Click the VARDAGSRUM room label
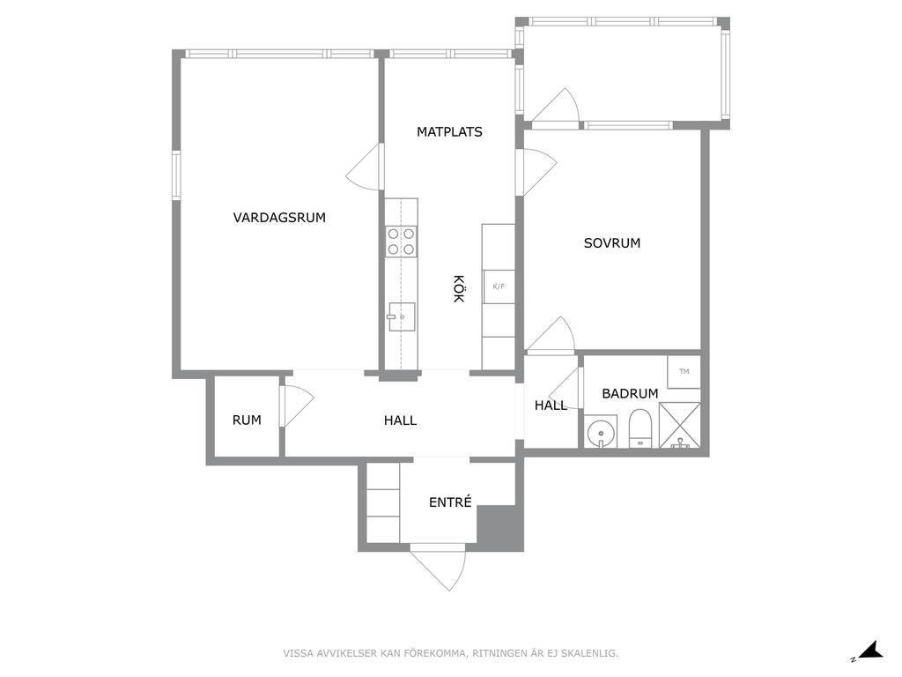pyautogui.click(x=279, y=218)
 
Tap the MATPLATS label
pyautogui.click(x=449, y=132)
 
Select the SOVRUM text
pyautogui.click(x=612, y=243)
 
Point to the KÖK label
pyautogui.click(x=458, y=288)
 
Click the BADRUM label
pyautogui.click(x=630, y=394)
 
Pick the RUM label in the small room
pyautogui.click(x=247, y=420)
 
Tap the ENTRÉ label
pyautogui.click(x=450, y=502)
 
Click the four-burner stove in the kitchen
pyautogui.click(x=401, y=242)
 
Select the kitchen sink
pyautogui.click(x=401, y=316)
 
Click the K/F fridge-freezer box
pyautogui.click(x=499, y=286)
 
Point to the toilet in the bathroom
pyautogui.click(x=640, y=428)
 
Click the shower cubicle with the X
pyautogui.click(x=679, y=425)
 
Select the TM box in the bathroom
pyautogui.click(x=684, y=371)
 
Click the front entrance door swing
pyautogui.click(x=439, y=567)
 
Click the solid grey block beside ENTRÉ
pyautogui.click(x=499, y=527)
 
